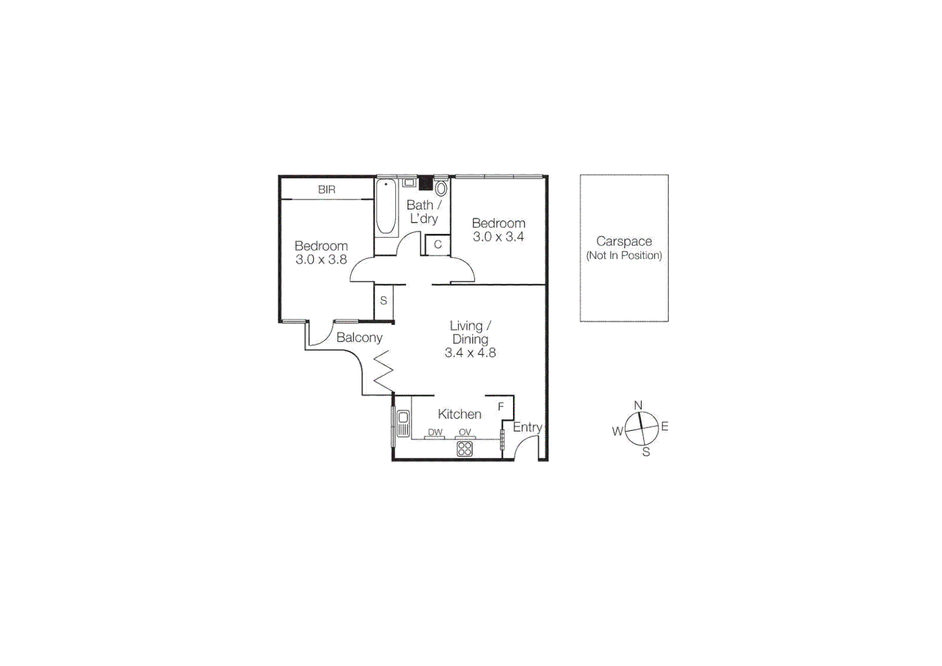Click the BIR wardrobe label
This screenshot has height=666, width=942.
coord(327,190)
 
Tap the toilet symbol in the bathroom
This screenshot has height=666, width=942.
coord(441,188)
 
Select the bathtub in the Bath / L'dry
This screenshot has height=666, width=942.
coord(386,207)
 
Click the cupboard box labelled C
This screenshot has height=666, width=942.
coord(438,244)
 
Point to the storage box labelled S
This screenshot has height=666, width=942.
coord(383,301)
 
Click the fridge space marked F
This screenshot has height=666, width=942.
coord(501,406)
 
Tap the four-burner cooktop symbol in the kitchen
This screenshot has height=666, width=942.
coord(465,449)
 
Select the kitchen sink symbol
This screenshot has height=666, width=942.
coord(403,424)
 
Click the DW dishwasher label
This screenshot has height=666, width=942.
coord(435,432)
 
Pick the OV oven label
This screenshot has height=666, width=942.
coord(465,432)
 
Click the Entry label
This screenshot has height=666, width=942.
coord(527,427)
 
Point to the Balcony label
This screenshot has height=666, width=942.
coord(359,337)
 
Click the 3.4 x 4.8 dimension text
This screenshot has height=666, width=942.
coord(470,353)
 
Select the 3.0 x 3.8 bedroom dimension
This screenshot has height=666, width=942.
coord(321,260)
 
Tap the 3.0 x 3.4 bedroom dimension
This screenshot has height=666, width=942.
coord(498,237)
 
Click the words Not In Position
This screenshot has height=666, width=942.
coord(624,255)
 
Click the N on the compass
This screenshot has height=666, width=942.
coord(638,405)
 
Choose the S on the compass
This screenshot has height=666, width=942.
coord(646,452)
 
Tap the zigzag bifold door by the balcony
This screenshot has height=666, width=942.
coord(383,371)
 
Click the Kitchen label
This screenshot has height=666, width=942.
coord(459,414)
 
